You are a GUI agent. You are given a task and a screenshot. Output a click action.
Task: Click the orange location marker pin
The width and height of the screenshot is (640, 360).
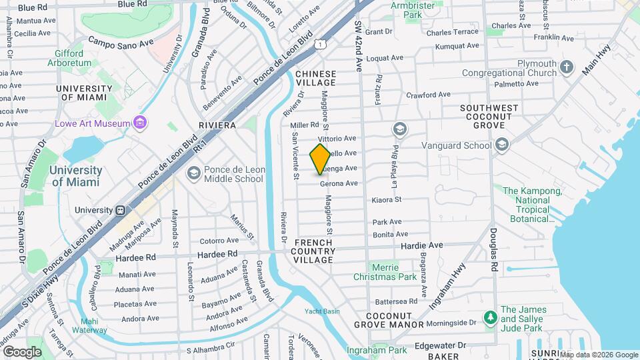click(320, 159)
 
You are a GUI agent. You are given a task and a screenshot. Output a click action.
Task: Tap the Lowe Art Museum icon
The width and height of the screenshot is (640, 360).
click(140, 123)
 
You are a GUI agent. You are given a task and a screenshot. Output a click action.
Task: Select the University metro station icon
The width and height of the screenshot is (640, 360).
click(121, 210)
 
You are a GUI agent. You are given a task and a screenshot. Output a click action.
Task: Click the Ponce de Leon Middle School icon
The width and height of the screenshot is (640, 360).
click(193, 174)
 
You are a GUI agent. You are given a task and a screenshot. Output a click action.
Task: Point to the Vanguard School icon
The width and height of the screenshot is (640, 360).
click(502, 145)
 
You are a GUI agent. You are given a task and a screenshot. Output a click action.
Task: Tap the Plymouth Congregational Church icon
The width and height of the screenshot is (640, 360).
click(567, 67)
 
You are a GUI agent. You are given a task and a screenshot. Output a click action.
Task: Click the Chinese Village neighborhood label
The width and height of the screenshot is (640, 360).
click(316, 79)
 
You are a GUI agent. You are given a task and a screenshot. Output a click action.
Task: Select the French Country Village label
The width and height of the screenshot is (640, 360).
click(313, 250)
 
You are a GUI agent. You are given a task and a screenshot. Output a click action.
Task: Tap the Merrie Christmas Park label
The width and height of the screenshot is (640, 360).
click(394, 271)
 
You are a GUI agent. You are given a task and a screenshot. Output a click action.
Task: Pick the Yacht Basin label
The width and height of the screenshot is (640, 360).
click(323, 311)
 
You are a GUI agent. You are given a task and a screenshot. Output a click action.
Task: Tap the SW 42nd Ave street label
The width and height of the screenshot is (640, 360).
click(358, 47)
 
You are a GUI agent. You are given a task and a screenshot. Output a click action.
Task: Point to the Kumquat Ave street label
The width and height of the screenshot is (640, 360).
click(457, 47)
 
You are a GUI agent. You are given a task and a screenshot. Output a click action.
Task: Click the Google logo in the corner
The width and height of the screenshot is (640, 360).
click(23, 351)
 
